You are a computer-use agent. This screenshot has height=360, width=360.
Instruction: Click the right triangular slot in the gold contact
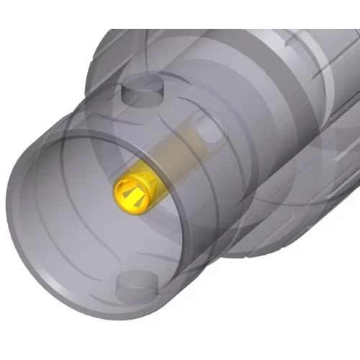(x=146, y=193)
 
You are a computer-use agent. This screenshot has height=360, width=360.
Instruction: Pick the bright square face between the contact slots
(x=137, y=196)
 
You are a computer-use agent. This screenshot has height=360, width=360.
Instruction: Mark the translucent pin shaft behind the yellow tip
(x=180, y=155)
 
